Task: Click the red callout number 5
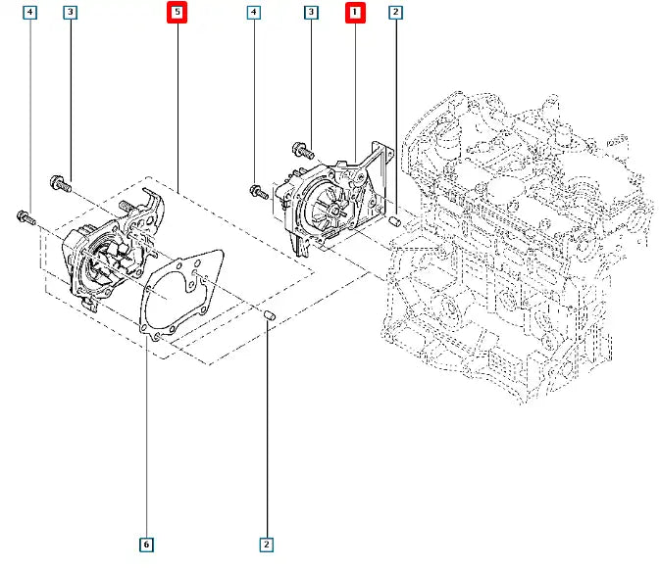(x=178, y=13)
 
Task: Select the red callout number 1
(x=354, y=13)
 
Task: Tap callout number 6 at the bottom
(x=146, y=544)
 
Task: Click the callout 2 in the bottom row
(x=265, y=544)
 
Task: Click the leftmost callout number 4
(x=30, y=13)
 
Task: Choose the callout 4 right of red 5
(x=254, y=13)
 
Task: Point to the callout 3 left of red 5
(x=70, y=13)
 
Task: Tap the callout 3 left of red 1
(x=311, y=13)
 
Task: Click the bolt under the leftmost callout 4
(x=25, y=216)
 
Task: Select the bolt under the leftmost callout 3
(x=61, y=181)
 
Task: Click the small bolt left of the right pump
(x=259, y=190)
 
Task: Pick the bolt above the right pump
(x=300, y=149)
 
